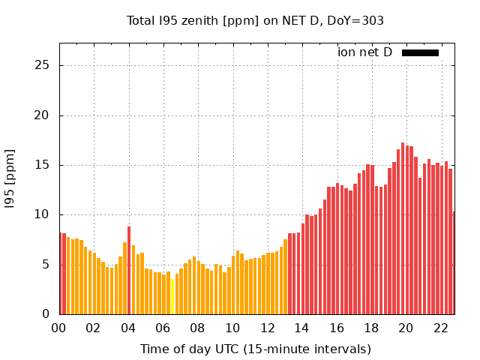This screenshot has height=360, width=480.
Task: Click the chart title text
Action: click(255, 20)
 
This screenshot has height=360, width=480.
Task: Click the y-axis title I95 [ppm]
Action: click(10, 178)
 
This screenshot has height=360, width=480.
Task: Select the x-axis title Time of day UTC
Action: click(255, 349)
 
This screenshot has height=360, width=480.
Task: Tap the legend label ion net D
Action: click(364, 52)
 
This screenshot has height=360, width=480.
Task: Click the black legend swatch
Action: click(420, 52)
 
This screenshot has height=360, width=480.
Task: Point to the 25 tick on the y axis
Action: click(43, 66)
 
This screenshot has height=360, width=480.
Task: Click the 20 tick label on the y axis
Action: click(43, 115)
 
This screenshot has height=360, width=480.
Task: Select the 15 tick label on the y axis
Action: click(43, 165)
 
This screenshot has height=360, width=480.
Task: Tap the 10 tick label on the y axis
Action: click(43, 214)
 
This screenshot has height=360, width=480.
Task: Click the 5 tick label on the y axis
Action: click(46, 265)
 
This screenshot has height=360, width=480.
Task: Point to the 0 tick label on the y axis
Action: click(46, 314)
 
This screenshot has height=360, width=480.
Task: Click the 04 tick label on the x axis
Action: click(128, 328)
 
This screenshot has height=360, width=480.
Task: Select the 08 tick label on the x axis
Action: click(198, 328)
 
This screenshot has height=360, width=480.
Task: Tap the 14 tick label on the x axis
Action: click(301, 328)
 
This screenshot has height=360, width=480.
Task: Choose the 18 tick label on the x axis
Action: click(371, 328)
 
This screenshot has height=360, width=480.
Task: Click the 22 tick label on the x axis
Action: click(440, 328)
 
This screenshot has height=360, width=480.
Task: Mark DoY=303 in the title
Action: click(358, 20)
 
